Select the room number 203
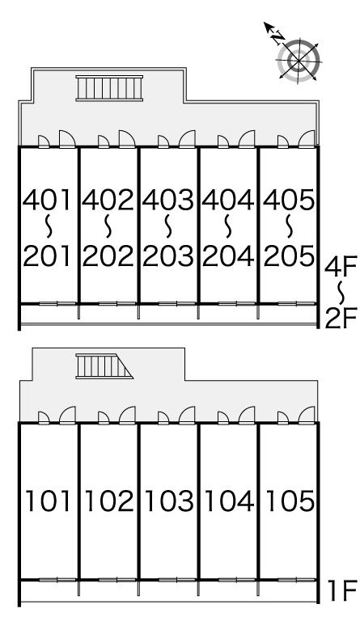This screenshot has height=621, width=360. [168, 256]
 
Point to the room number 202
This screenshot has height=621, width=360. [108, 256]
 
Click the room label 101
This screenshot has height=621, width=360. [48, 501]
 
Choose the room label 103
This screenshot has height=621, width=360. [169, 501]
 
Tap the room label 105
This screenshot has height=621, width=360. [290, 501]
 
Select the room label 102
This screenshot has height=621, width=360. [109, 501]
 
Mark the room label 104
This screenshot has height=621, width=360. [229, 501]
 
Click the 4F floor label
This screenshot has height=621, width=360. [341, 267]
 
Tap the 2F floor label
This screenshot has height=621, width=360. [341, 318]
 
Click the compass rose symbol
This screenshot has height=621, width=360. [299, 60]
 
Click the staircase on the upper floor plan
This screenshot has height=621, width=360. [109, 88]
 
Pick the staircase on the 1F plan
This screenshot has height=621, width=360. [104, 366]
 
